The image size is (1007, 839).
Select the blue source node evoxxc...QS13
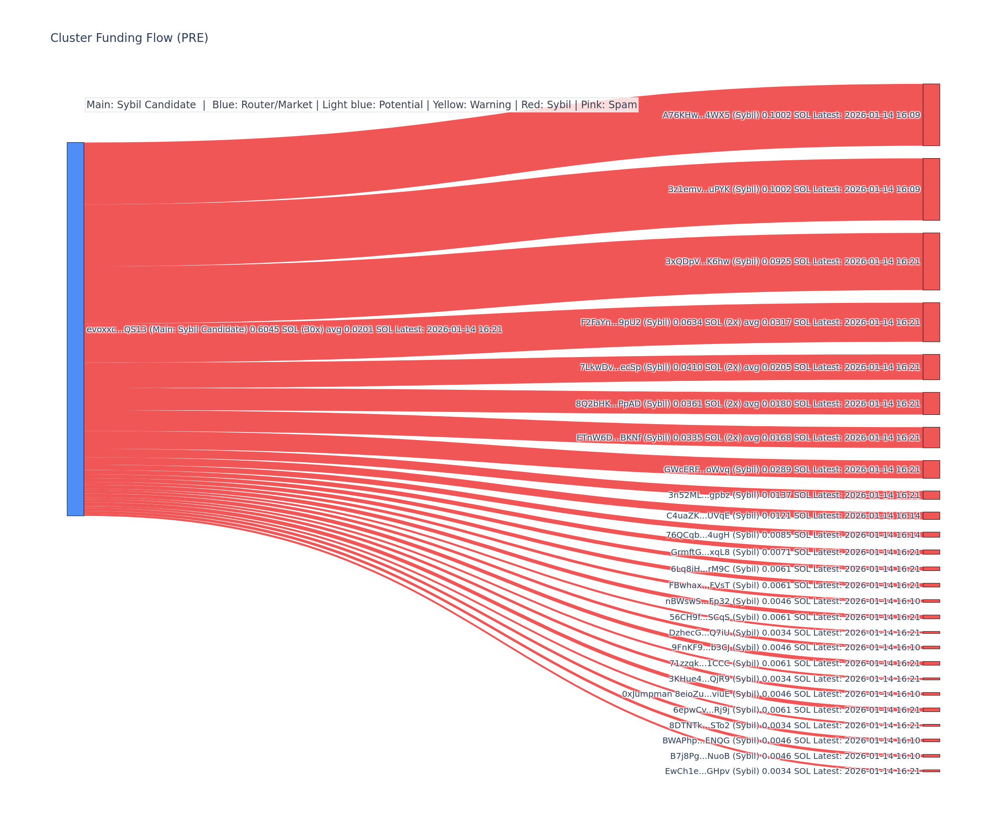click(x=75, y=329)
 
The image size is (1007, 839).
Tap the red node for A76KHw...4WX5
click(x=931, y=115)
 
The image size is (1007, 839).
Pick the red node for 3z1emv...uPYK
click(x=931, y=189)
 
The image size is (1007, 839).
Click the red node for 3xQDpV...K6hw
click(x=931, y=261)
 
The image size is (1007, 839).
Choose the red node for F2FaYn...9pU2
click(x=931, y=322)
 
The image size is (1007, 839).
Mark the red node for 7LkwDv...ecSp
click(x=931, y=367)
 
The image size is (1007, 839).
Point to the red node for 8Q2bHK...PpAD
click(x=931, y=404)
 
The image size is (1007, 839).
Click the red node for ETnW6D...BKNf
click(x=931, y=438)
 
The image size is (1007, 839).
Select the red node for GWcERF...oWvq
click(x=931, y=469)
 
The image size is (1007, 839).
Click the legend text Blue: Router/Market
click(x=262, y=105)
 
